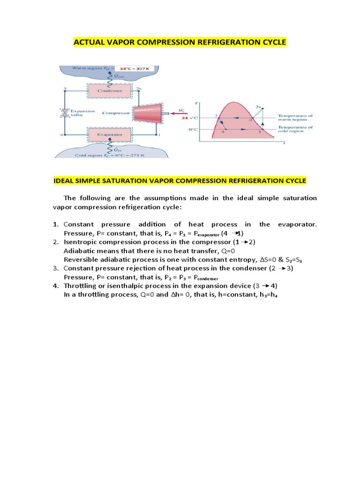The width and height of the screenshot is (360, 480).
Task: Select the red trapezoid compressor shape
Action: (x=148, y=113)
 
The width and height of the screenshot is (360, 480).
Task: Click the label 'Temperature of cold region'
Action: (x=294, y=129)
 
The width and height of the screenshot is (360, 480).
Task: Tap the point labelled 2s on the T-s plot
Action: (x=257, y=107)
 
